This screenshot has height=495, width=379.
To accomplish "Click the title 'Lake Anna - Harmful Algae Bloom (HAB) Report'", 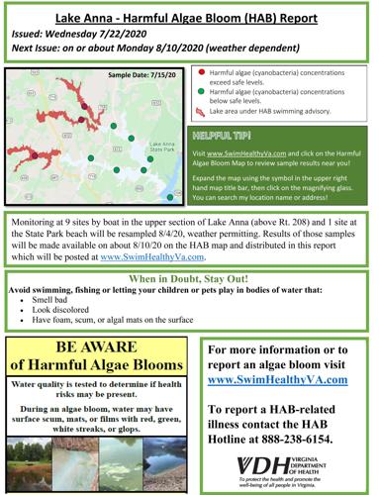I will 189,19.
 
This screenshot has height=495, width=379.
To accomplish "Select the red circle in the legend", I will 202,73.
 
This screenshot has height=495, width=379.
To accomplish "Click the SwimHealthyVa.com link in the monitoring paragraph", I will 142,255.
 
